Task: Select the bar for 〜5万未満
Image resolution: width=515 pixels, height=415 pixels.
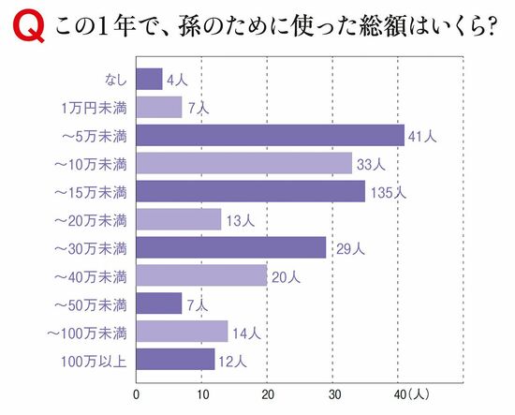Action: (270, 136)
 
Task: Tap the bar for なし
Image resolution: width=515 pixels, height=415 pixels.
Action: (149, 80)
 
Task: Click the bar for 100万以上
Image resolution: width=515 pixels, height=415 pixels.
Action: (175, 359)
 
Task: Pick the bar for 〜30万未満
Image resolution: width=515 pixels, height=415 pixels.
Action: (230, 247)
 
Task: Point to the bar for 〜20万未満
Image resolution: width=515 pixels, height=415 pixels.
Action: (179, 220)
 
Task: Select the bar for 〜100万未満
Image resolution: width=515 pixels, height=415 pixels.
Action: (182, 332)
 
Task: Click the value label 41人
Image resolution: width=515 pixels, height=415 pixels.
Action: (422, 137)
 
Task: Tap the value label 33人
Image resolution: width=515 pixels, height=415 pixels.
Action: (370, 165)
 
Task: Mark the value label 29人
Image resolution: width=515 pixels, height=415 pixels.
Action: (344, 248)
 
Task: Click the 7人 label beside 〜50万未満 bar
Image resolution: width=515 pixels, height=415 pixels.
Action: (199, 304)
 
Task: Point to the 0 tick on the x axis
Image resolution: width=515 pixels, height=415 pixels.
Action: (137, 393)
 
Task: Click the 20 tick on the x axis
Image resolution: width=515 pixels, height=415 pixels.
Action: (267, 393)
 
